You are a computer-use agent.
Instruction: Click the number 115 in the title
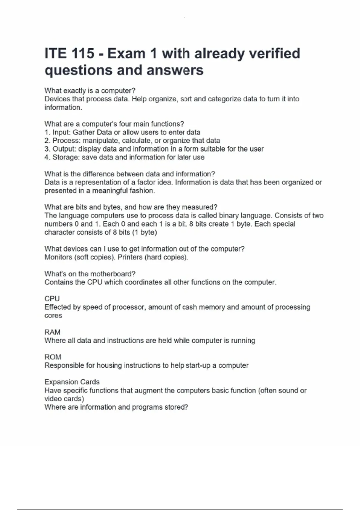pos(82,54)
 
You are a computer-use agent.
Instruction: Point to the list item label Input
pos(61,132)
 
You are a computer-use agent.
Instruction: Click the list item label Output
pos(63,149)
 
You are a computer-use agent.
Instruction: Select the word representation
pos(97,182)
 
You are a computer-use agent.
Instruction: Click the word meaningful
pos(109,191)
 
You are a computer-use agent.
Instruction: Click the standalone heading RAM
pos(52,332)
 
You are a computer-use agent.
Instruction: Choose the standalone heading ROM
pos(53,357)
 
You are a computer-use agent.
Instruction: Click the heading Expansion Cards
pos(72,382)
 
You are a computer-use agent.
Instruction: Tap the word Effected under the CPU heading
pos(57,307)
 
